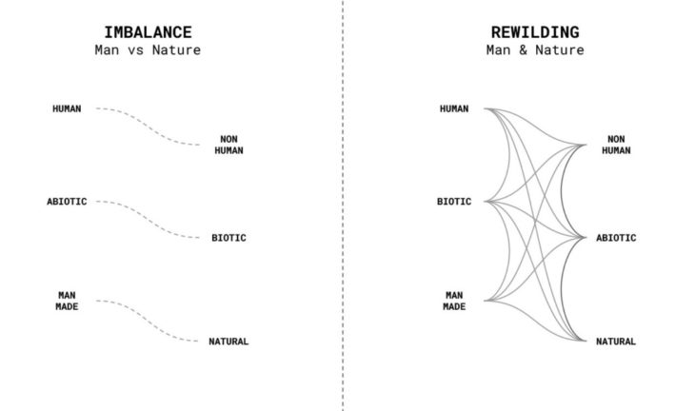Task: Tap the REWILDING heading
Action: coord(534,30)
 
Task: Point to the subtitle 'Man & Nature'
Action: coord(534,49)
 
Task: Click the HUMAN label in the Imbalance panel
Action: coord(67,108)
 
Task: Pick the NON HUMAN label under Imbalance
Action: coord(228,144)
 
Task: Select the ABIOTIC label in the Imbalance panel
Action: coord(67,202)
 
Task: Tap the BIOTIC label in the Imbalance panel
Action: coord(228,238)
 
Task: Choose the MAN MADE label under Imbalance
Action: coord(67,301)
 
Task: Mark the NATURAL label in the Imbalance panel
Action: coord(228,342)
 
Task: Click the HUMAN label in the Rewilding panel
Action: coord(454,108)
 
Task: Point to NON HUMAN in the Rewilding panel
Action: coord(616,144)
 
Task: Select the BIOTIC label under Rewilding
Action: coord(454,202)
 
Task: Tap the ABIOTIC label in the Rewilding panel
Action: coord(616,238)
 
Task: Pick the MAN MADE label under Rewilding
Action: coord(454,301)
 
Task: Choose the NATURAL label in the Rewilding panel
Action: coord(616,342)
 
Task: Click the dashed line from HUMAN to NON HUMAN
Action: coord(149,125)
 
